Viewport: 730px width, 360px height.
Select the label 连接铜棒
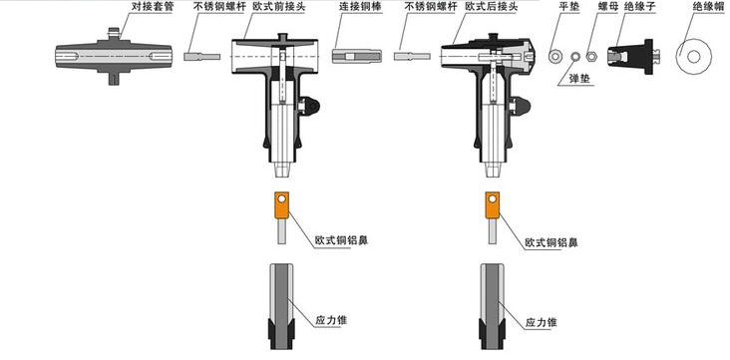point(360,8)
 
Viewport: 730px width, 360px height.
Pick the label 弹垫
point(579,78)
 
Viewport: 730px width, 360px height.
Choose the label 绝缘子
point(641,8)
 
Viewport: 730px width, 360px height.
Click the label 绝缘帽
point(708,8)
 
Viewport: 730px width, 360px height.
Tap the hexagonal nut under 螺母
point(591,57)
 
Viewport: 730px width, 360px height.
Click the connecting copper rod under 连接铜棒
point(357,57)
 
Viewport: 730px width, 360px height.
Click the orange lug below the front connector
point(281,205)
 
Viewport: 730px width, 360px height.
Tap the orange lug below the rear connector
point(493,205)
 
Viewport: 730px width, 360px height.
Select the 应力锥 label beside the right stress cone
point(541,322)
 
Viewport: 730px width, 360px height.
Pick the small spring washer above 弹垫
point(575,57)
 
